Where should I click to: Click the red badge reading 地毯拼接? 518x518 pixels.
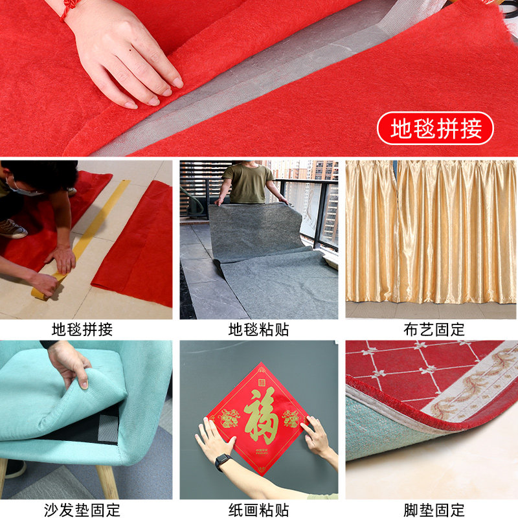[435, 128]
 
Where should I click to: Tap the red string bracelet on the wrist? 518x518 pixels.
[67, 9]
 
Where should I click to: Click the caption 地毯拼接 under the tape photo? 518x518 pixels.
[82, 330]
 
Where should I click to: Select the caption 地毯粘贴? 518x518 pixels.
[258, 330]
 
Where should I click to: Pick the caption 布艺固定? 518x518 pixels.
[434, 330]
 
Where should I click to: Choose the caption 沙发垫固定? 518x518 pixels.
[82, 510]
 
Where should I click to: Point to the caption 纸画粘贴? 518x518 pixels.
[258, 510]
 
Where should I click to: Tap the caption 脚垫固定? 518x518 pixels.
[434, 510]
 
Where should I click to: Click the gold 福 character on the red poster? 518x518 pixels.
[261, 415]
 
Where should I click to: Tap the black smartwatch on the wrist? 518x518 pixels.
[222, 461]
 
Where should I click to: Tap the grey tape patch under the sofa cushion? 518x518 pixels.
[108, 429]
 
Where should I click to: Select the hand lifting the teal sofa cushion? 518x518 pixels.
[69, 364]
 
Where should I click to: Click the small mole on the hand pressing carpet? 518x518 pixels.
[129, 51]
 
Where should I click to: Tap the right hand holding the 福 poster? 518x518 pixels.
[318, 440]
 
